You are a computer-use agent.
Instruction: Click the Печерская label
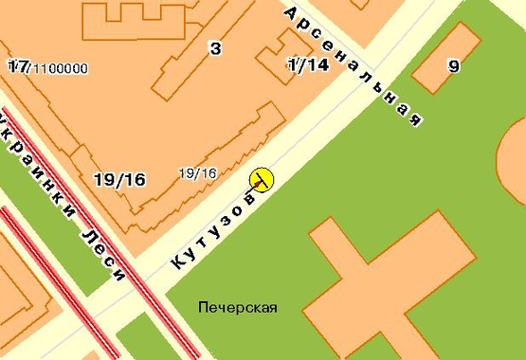point(238,307)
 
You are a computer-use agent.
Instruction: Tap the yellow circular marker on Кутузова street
point(261,178)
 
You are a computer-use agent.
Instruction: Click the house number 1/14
point(307,64)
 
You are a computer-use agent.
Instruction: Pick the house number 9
point(454,66)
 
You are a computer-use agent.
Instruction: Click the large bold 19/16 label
point(119,179)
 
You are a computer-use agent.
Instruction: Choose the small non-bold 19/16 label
point(197,172)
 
